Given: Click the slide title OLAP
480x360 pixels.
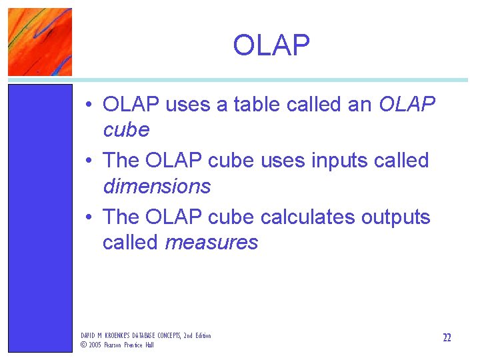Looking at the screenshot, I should [271, 45].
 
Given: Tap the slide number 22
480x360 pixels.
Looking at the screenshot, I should [447, 338].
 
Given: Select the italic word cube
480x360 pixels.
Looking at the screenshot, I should [126, 130].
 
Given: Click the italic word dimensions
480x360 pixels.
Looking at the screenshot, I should [157, 187].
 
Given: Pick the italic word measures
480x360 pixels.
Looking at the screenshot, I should [211, 243].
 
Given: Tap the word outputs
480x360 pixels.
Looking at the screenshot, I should [396, 217].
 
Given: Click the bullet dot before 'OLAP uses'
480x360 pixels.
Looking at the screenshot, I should [88, 105].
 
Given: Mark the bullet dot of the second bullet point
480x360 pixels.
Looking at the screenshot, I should [88, 161].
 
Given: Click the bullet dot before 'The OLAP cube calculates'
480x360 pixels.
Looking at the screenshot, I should [88, 218].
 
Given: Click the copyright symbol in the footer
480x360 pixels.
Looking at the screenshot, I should [83, 345].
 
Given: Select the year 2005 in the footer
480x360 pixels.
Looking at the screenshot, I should [95, 345].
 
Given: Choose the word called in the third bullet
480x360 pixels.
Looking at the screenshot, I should [131, 243].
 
